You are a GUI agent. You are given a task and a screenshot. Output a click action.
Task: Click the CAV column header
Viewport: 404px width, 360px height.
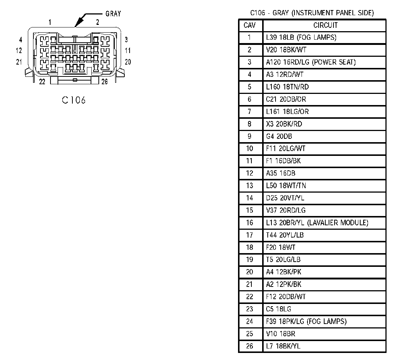(x=250, y=25)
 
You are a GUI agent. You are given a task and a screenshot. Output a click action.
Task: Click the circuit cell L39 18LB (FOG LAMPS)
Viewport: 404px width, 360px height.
(x=301, y=37)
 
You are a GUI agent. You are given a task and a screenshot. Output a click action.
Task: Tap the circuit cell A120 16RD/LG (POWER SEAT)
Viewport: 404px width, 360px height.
(x=311, y=62)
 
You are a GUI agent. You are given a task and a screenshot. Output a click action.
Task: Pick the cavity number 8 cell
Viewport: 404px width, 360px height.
(x=250, y=124)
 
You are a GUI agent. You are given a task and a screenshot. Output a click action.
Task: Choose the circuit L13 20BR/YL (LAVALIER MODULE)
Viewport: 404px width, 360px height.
(x=317, y=223)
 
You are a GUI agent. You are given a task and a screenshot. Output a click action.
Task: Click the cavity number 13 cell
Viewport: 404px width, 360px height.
(x=250, y=186)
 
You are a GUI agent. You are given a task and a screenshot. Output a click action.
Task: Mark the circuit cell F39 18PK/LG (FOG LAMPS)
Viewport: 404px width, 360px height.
(x=306, y=321)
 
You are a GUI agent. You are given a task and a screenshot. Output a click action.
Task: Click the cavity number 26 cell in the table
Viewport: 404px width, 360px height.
(x=250, y=346)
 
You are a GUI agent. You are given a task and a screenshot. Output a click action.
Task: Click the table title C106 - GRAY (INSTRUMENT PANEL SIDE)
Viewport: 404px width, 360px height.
(x=312, y=13)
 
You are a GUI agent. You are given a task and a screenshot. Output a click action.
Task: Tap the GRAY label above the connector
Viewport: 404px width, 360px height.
(x=113, y=14)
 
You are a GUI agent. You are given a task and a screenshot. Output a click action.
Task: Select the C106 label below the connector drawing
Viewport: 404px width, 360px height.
(x=74, y=100)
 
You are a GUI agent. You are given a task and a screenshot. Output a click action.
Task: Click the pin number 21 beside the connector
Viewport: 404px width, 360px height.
(x=19, y=62)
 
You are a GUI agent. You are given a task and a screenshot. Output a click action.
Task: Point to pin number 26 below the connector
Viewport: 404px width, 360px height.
(x=104, y=82)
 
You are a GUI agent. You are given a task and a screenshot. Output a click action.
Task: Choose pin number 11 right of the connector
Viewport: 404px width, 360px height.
(x=128, y=50)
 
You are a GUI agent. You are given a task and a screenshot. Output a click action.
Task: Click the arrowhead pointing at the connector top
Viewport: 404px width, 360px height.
(x=77, y=24)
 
